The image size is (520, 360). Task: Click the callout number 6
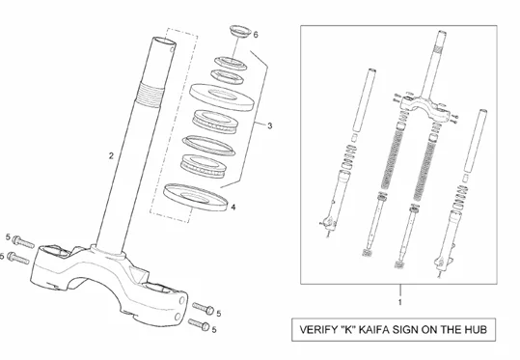tap(256, 35)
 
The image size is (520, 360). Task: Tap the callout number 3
tap(269, 125)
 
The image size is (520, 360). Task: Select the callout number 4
tap(233, 208)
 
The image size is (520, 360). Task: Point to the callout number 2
tap(111, 155)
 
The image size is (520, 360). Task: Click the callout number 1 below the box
tap(400, 302)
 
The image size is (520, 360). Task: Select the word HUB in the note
tap(476, 329)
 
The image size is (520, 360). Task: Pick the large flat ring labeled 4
tap(196, 197)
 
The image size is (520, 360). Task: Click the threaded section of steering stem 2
tap(151, 95)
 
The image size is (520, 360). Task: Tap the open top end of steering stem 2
tap(164, 42)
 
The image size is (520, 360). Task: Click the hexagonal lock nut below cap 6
tap(228, 76)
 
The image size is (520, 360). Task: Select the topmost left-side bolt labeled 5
tap(23, 242)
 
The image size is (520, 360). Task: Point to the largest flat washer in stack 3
tap(222, 97)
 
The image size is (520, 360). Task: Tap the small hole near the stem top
tap(172, 49)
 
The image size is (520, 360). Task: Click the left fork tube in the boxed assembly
tap(363, 100)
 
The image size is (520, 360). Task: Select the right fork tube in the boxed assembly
tap(475, 141)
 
